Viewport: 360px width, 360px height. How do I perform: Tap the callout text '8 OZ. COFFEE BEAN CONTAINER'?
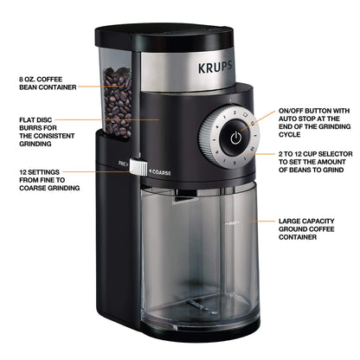pos(49,83)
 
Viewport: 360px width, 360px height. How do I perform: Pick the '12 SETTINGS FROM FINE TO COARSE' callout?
pos(51,179)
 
